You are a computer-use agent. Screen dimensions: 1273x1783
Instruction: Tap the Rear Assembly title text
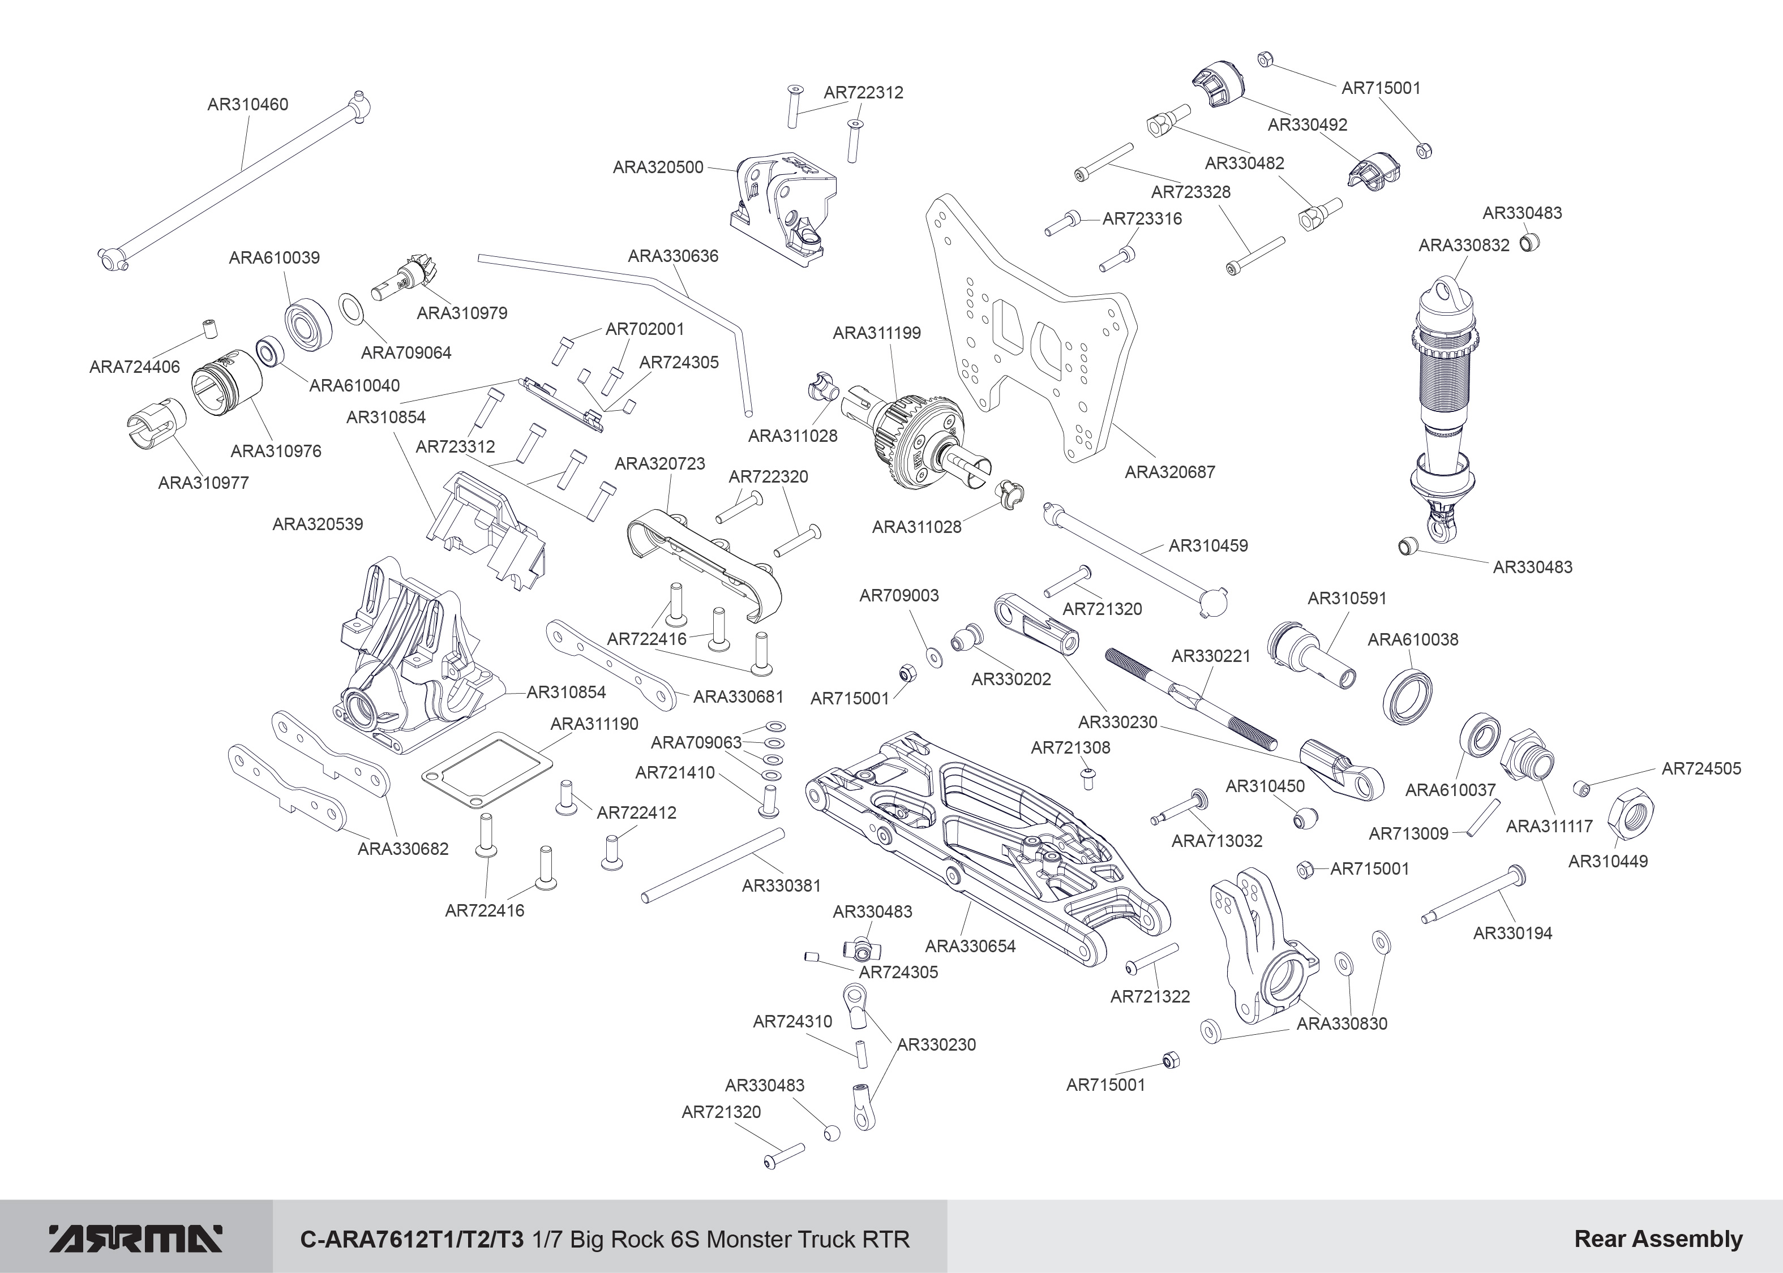pyautogui.click(x=1657, y=1238)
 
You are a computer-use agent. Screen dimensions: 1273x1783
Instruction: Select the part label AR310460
pyautogui.click(x=248, y=104)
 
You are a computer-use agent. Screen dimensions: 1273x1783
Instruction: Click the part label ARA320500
pyautogui.click(x=658, y=167)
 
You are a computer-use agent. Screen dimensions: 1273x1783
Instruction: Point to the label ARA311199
pyautogui.click(x=877, y=332)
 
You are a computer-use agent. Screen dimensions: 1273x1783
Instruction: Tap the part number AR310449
pyautogui.click(x=1608, y=861)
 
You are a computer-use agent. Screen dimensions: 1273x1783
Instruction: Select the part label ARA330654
pyautogui.click(x=970, y=945)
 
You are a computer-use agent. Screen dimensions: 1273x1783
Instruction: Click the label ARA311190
pyautogui.click(x=594, y=724)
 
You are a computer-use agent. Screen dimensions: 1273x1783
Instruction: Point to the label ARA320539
pyautogui.click(x=318, y=523)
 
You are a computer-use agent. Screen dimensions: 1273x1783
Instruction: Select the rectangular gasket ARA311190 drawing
pyautogui.click(x=486, y=769)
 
